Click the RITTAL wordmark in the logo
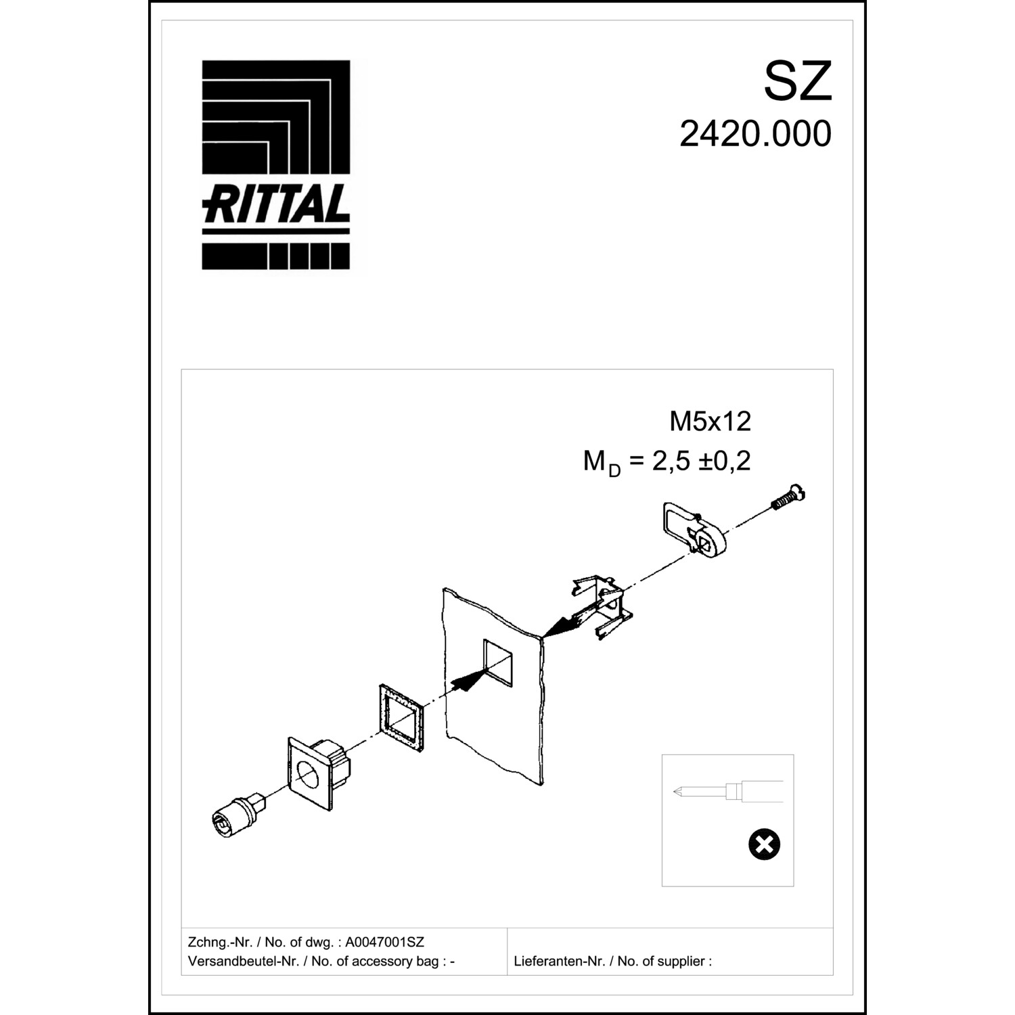pos(276,204)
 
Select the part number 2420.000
pos(755,134)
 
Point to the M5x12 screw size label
pos(710,422)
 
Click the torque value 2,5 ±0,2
pos(701,461)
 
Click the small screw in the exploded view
pos(788,499)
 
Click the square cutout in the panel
pos(498,660)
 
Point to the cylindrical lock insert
pos(238,815)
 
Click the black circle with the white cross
pos(764,844)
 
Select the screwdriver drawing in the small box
pos(727,791)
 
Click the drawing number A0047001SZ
pos(384,942)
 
